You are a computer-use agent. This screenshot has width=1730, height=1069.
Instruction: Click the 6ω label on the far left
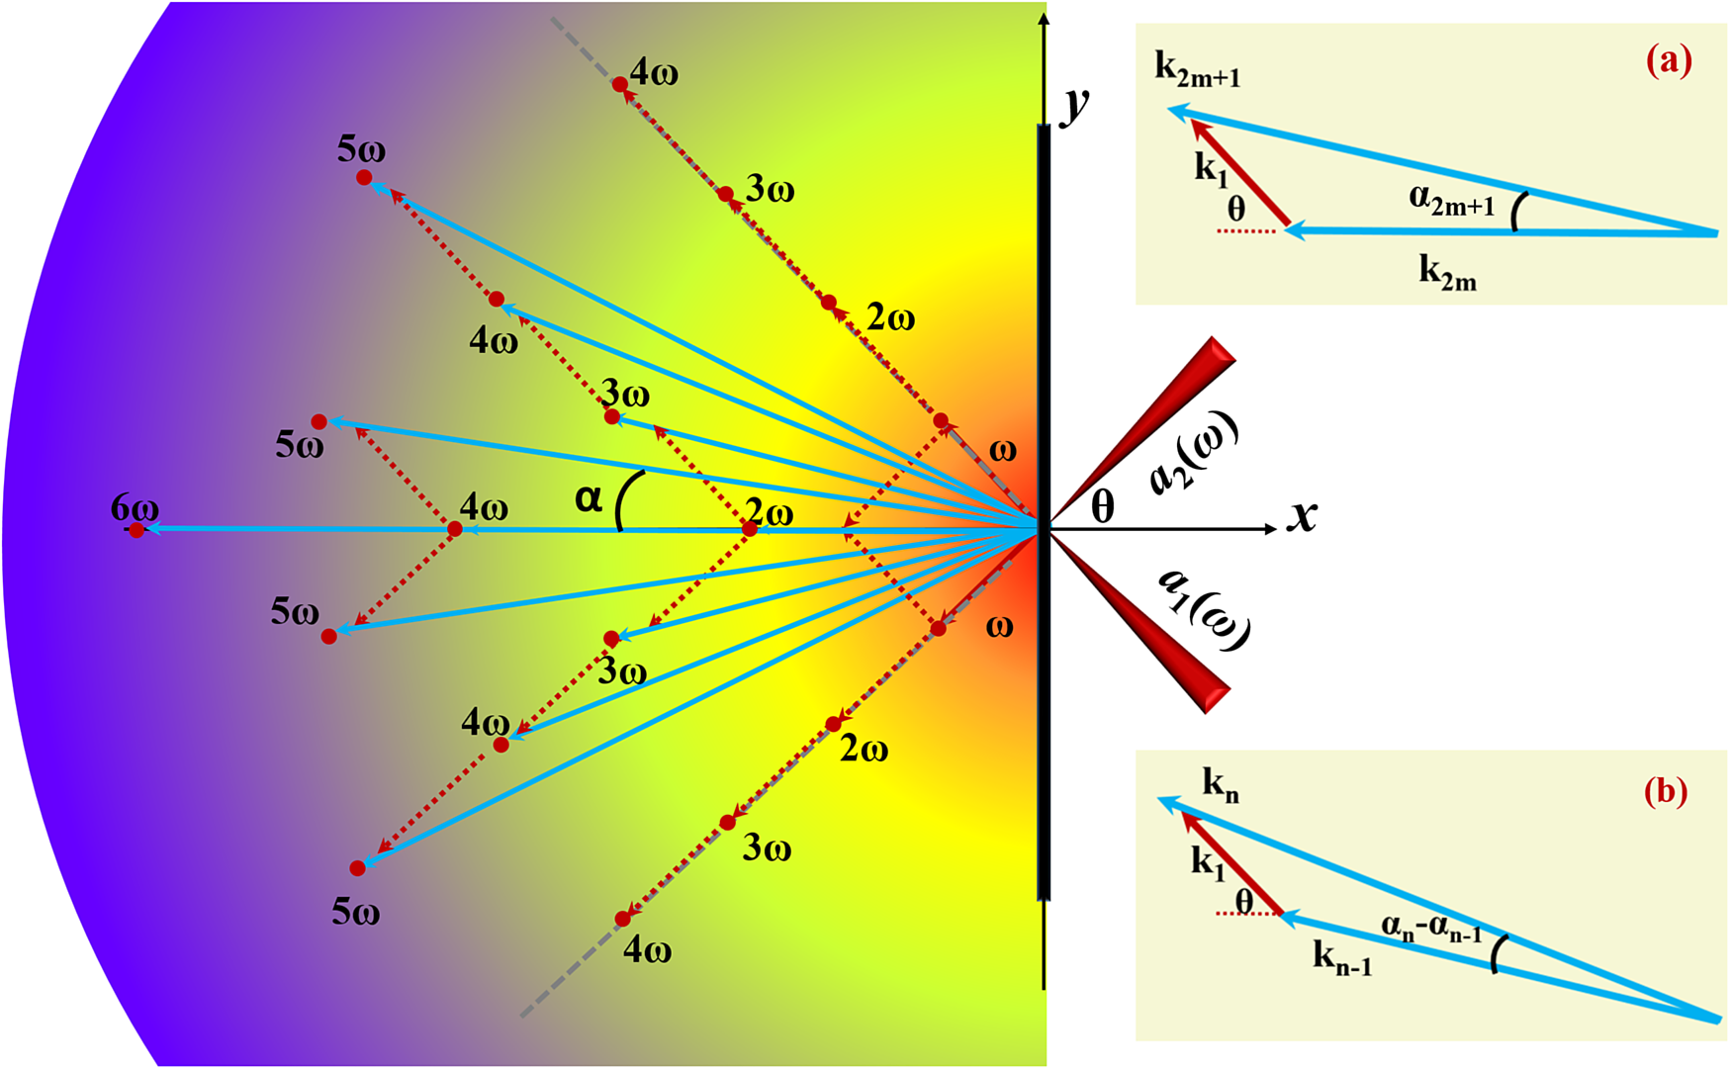135,508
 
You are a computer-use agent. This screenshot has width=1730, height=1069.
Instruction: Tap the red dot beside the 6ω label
137,530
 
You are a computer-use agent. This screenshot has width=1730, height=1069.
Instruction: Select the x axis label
1303,515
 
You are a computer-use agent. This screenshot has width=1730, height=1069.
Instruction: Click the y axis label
1074,104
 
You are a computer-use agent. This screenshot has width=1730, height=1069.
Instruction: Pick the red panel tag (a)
1669,61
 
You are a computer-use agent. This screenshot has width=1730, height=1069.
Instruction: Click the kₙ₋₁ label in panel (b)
1342,956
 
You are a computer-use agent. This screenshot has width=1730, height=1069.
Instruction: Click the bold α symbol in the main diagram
589,498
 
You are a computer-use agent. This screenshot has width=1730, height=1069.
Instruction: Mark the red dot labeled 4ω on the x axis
455,529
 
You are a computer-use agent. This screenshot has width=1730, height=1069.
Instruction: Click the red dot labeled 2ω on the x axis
750,529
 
